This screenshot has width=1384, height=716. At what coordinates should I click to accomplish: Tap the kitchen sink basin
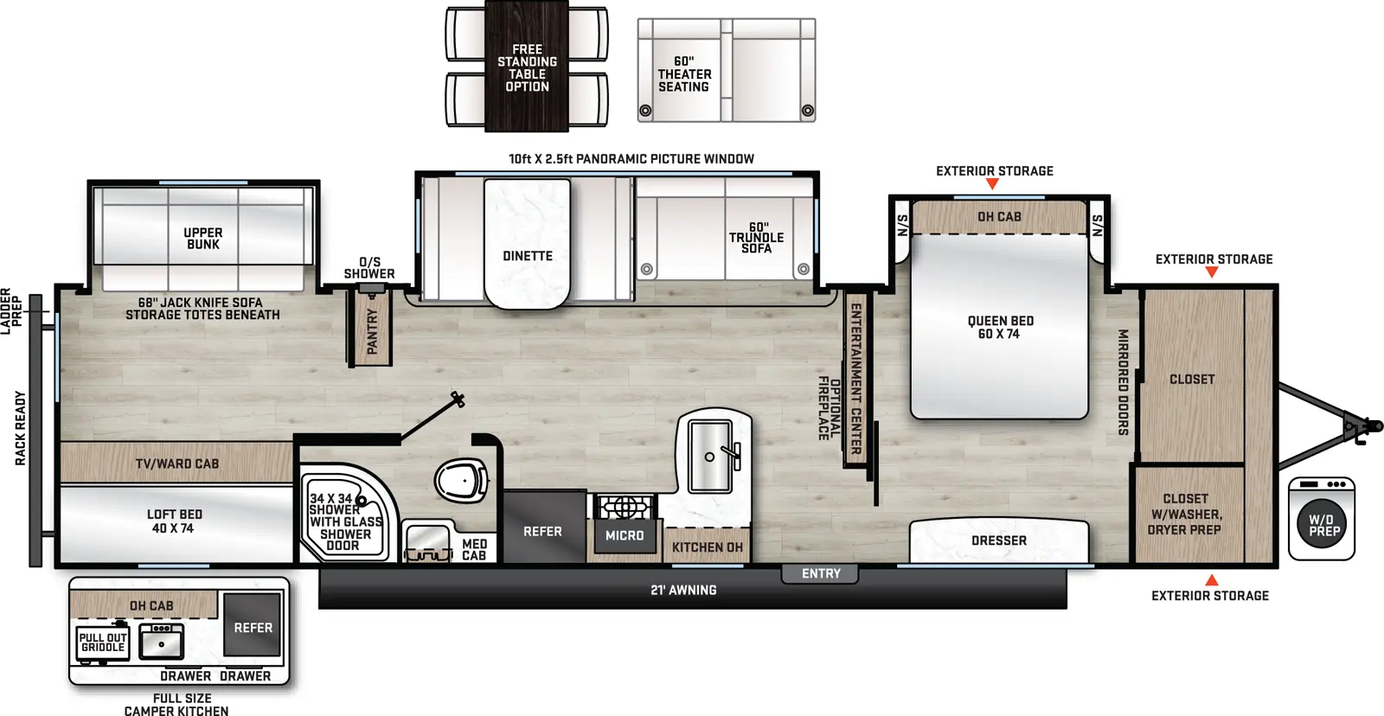pyautogui.click(x=709, y=456)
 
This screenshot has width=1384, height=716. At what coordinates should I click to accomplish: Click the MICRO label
pyautogui.click(x=625, y=536)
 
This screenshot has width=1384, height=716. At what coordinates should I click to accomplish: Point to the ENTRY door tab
pyautogui.click(x=820, y=574)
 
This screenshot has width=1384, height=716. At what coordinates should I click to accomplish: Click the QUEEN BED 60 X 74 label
pyautogui.click(x=999, y=328)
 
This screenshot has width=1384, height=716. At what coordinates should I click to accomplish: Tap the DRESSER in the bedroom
pyautogui.click(x=999, y=540)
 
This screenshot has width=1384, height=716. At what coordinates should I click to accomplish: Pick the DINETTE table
pyautogui.click(x=528, y=244)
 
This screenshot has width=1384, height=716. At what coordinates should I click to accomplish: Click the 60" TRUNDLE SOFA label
pyautogui.click(x=756, y=238)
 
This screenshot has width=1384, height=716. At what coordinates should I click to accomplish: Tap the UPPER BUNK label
pyautogui.click(x=203, y=239)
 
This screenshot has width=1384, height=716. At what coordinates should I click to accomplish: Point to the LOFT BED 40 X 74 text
pyautogui.click(x=174, y=521)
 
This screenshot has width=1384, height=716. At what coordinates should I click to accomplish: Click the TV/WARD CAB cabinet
pyautogui.click(x=177, y=464)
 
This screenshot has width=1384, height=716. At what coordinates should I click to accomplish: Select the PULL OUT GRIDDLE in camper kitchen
pyautogui.click(x=103, y=643)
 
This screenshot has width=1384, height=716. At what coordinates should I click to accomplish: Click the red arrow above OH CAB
pyautogui.click(x=991, y=184)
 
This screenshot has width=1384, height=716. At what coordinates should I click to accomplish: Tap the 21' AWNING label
pyautogui.click(x=683, y=591)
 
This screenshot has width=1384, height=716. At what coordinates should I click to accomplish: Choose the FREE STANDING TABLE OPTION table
pyautogui.click(x=527, y=67)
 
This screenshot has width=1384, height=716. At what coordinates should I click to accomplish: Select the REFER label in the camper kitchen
pyautogui.click(x=253, y=628)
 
